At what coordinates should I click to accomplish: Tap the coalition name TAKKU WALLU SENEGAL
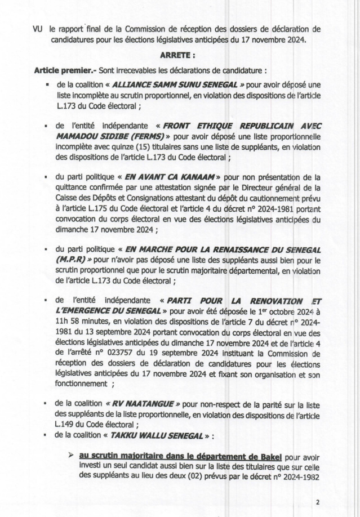point(150,437)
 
